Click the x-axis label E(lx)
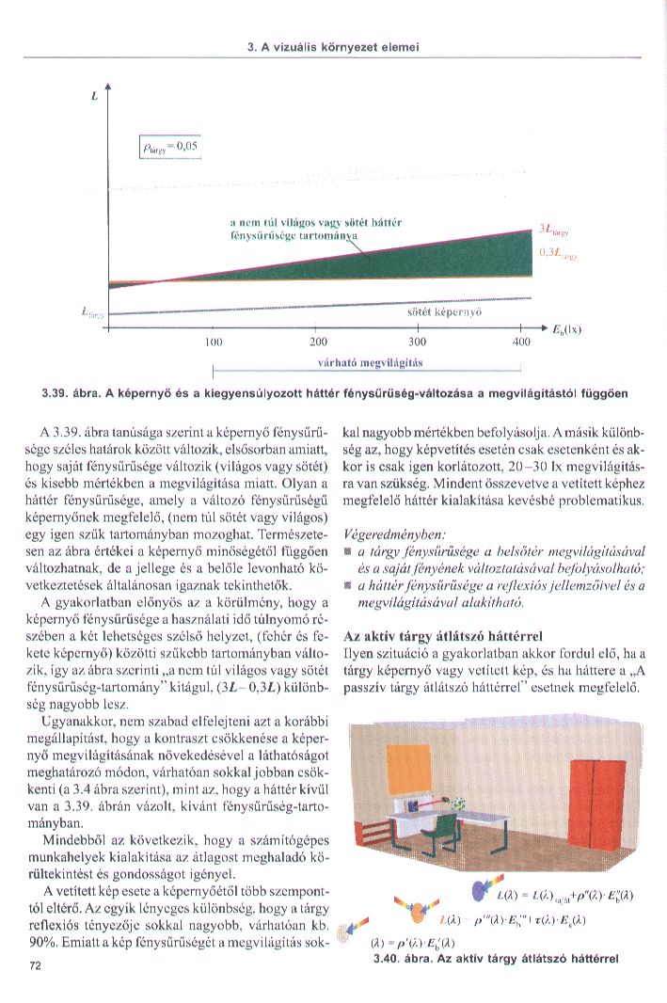567,329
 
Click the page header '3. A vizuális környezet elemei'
332,46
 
